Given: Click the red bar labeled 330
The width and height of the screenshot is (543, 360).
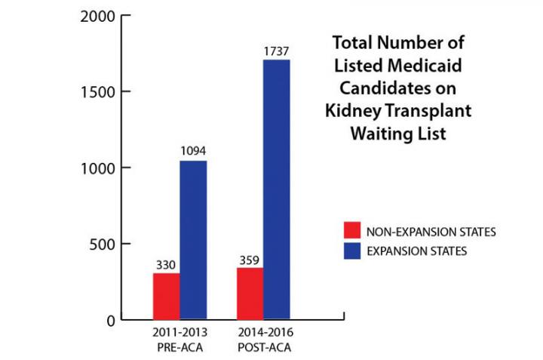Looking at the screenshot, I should (x=166, y=296).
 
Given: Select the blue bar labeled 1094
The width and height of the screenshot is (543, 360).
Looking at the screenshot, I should (x=193, y=240).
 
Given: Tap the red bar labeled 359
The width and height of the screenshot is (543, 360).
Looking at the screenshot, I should (x=250, y=294).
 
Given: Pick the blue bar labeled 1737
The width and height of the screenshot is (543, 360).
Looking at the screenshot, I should (x=277, y=189).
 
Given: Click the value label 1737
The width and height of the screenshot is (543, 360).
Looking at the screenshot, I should (x=277, y=51).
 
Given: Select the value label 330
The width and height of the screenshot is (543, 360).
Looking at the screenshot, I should (x=166, y=265).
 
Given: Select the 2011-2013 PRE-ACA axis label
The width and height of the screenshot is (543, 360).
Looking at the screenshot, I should (x=181, y=338).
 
